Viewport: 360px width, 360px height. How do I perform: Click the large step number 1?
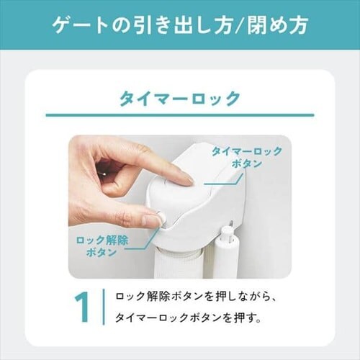[82, 307]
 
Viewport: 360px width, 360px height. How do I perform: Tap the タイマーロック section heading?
[180, 99]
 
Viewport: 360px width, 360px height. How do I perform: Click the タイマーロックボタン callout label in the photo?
[247, 158]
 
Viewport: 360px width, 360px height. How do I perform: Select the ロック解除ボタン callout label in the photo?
[102, 246]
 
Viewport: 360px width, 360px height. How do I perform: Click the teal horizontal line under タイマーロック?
[180, 115]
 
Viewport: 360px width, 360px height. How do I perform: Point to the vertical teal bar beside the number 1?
[104, 307]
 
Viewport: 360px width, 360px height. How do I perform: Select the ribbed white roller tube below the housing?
[179, 264]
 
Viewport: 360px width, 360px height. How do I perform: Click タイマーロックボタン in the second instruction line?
[168, 318]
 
